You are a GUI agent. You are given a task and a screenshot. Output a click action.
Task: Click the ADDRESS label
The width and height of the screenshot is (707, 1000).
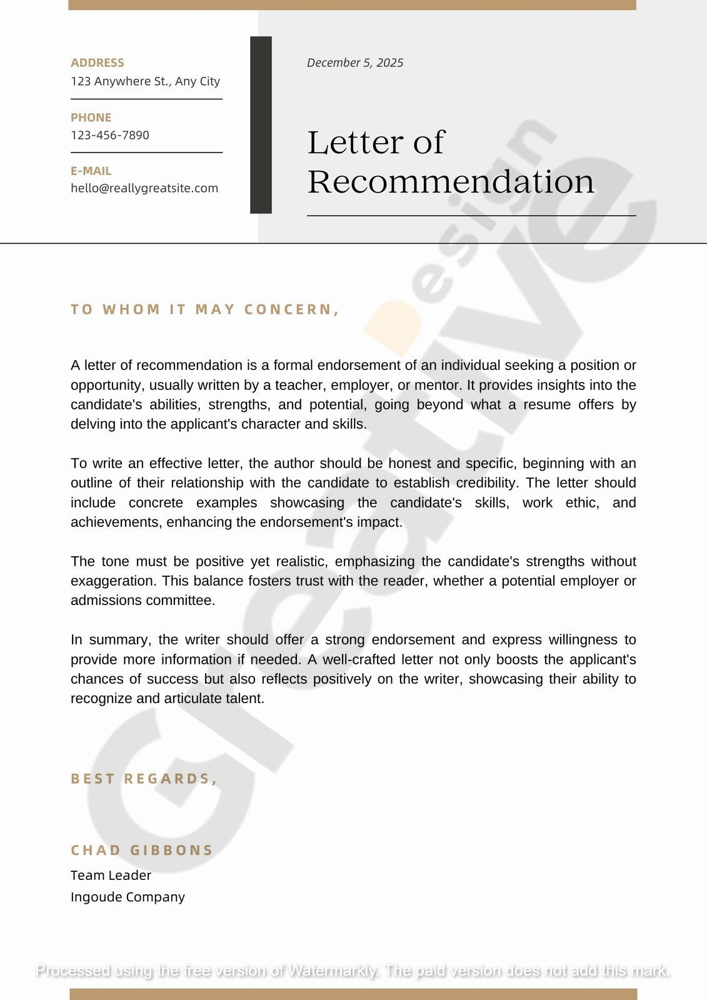pos(97,62)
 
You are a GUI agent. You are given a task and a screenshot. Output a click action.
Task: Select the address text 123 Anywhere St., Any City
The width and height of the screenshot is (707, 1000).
pos(145,81)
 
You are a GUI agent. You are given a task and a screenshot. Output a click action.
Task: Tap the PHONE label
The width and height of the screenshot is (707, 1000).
pos(91,117)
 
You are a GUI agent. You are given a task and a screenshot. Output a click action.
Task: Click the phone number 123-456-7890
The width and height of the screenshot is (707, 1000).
pos(110,135)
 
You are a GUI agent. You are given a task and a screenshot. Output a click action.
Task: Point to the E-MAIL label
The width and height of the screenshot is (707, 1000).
pos(91,171)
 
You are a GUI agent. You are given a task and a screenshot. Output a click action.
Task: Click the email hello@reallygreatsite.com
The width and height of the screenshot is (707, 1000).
pos(144,188)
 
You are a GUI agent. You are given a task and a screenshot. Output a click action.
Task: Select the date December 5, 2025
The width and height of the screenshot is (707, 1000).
pos(355,62)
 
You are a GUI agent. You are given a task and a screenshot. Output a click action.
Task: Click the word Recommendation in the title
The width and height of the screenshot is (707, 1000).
pos(451,182)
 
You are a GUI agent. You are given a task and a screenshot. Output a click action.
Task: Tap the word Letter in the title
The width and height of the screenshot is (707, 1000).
pos(353,142)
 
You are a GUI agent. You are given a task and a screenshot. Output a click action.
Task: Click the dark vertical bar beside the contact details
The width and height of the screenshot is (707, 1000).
pos(261,125)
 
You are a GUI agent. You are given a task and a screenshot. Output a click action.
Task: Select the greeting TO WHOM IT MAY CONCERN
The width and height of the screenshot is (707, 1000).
pos(205,309)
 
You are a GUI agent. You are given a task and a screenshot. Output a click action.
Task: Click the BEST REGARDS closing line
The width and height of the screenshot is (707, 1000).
pos(144,779)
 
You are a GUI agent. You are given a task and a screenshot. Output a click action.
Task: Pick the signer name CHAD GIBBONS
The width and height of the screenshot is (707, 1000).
pos(142,850)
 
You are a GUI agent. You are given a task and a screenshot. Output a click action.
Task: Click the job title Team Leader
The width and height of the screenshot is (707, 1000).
pos(111,875)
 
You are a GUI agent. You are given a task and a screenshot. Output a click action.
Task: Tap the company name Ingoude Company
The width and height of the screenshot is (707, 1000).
pos(128,897)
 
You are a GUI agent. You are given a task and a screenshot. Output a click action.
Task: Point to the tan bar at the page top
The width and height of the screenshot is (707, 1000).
pos(352,5)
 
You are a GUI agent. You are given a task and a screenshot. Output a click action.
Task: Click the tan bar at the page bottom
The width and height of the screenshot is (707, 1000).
pos(353,994)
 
